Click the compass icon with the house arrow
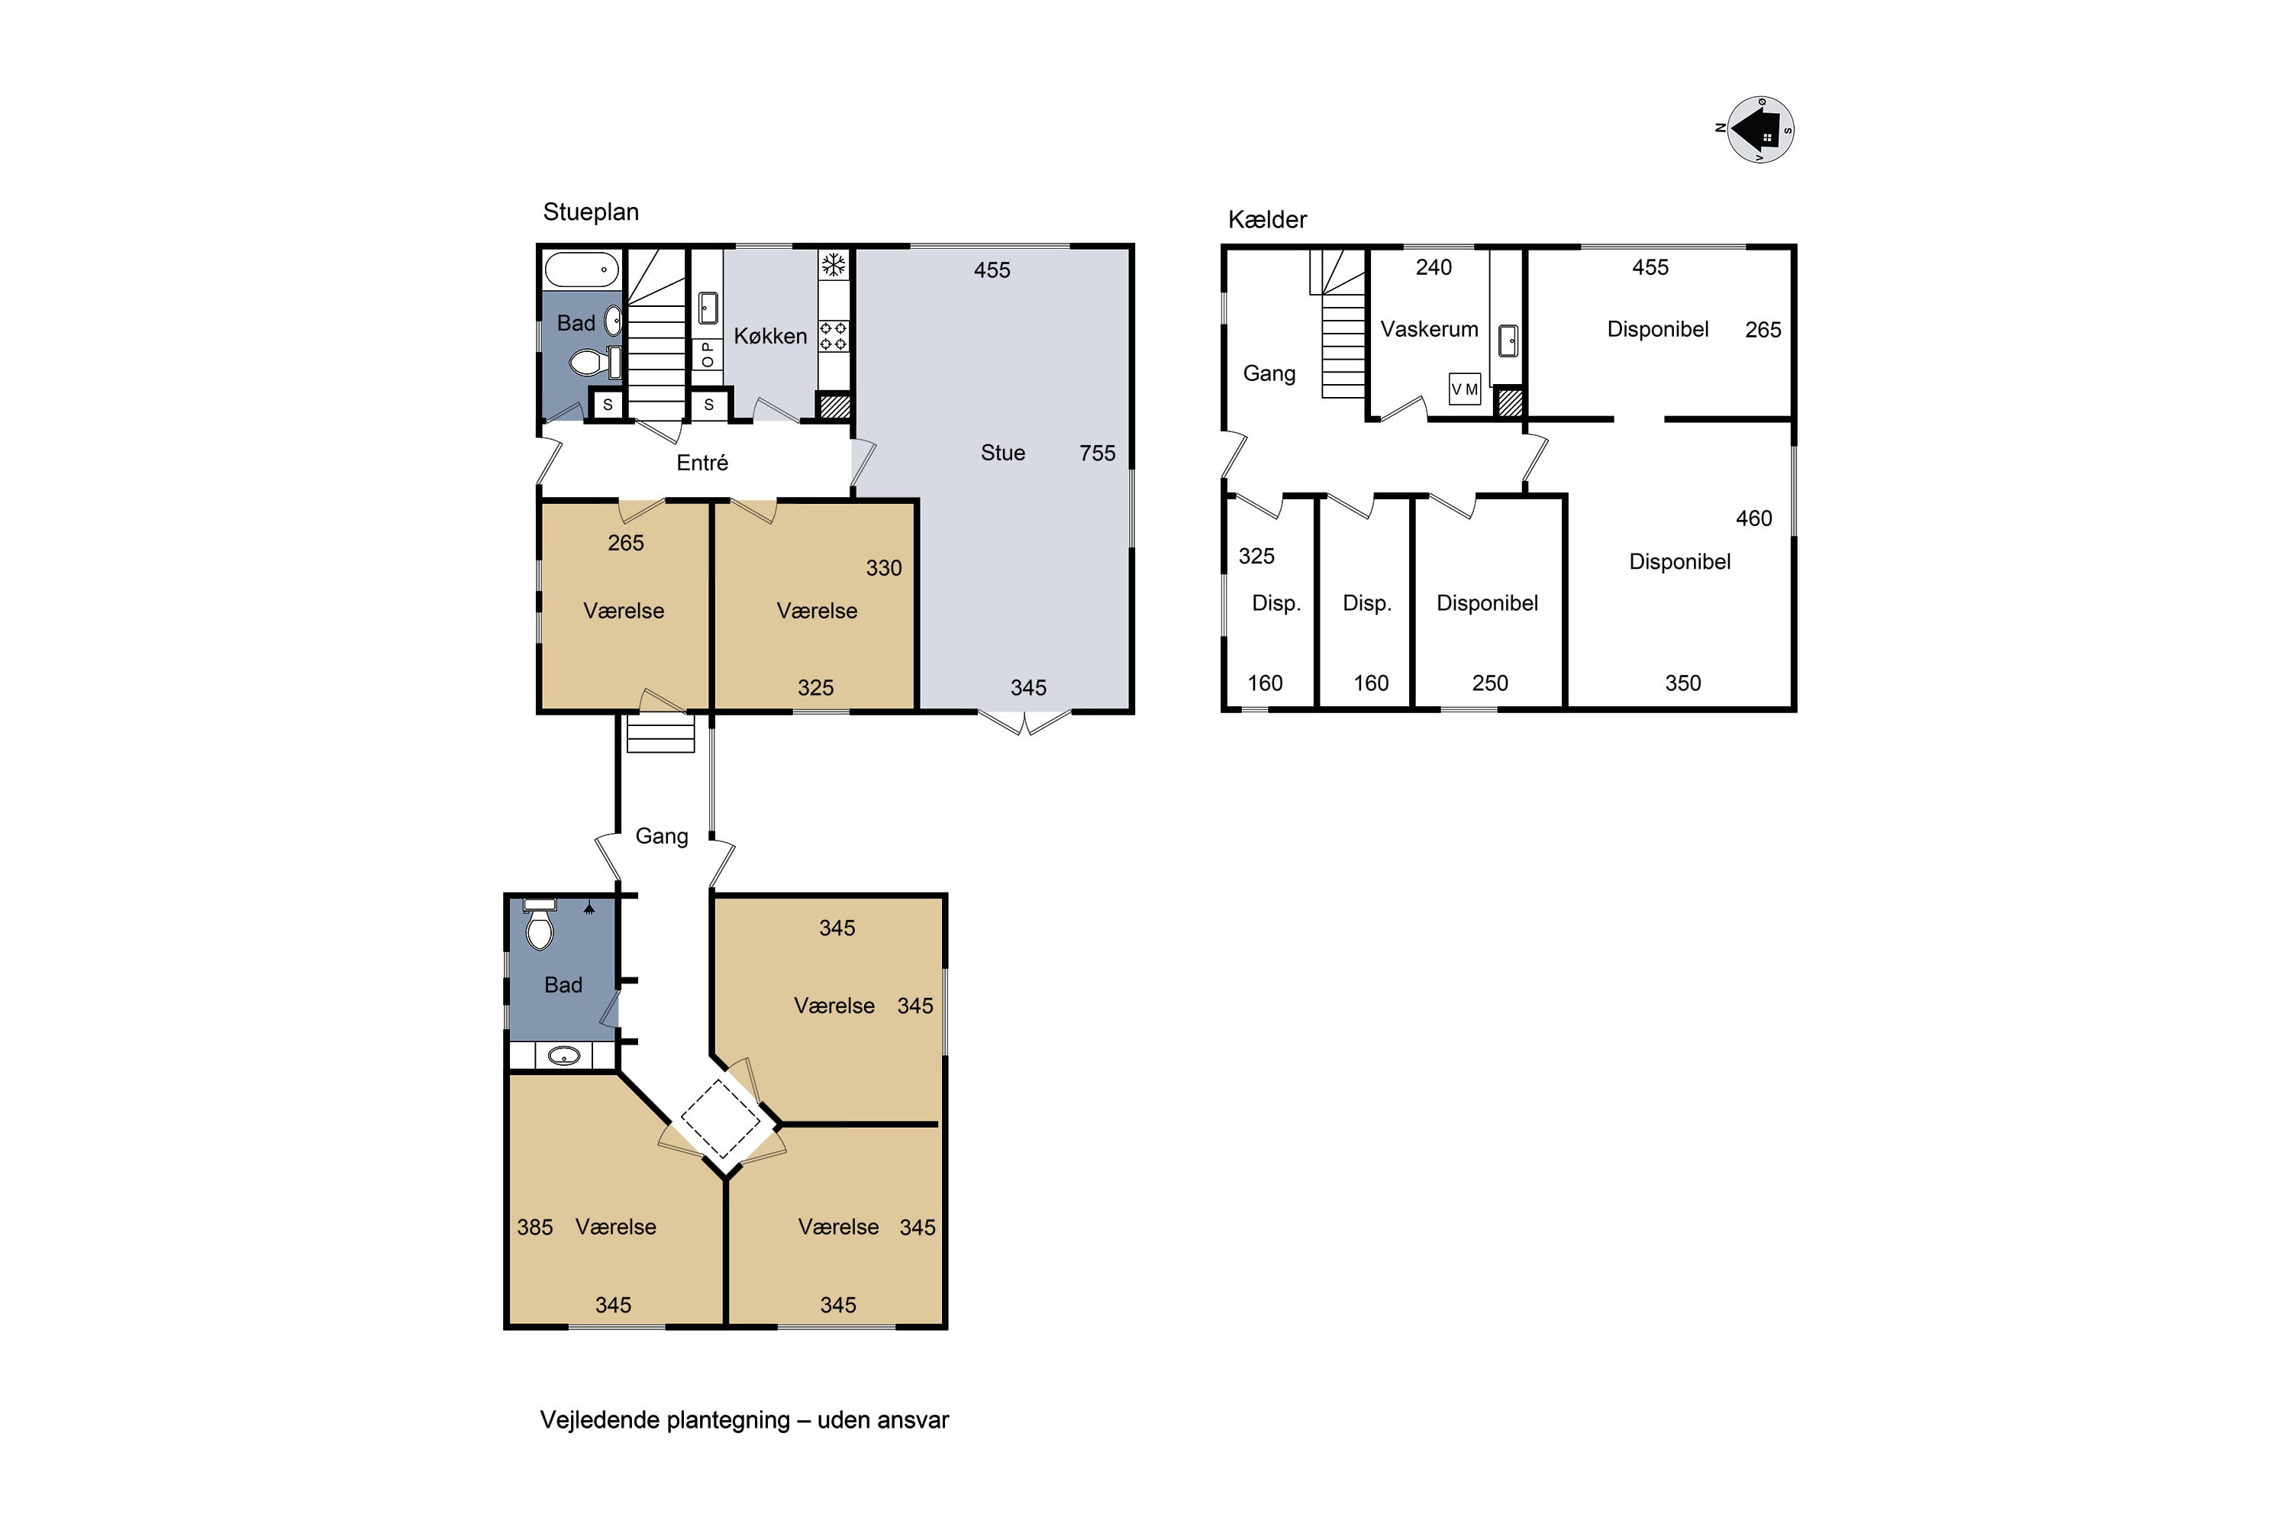click(x=1759, y=130)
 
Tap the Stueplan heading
click(x=591, y=212)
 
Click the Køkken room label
click(x=770, y=336)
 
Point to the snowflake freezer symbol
click(x=834, y=265)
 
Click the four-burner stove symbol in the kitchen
click(x=834, y=336)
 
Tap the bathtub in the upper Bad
click(x=581, y=269)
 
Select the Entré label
click(x=702, y=463)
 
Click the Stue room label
click(x=1003, y=453)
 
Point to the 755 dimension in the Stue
click(x=1098, y=453)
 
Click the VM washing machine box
click(x=1464, y=389)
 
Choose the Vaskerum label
click(x=1429, y=329)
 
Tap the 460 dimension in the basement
click(x=1753, y=519)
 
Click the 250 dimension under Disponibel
click(x=1490, y=683)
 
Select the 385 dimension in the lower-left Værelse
click(x=534, y=1227)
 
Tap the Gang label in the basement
click(x=1269, y=374)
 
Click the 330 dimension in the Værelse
click(x=883, y=569)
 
